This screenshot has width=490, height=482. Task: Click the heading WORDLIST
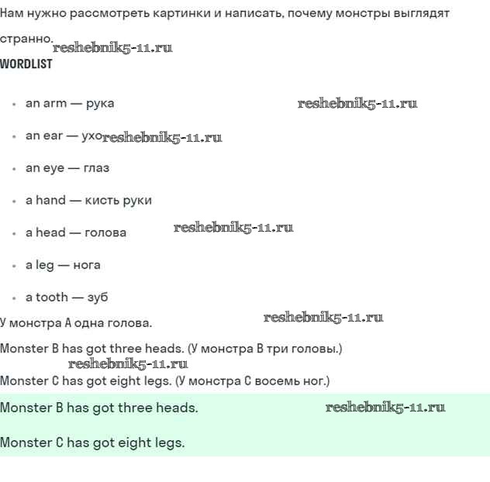click(x=26, y=64)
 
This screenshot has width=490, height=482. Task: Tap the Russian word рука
click(x=100, y=103)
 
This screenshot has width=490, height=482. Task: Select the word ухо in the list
click(x=91, y=136)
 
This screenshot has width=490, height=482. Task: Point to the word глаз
click(x=96, y=168)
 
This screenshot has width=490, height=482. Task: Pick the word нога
click(x=87, y=265)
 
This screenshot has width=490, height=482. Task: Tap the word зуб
click(x=98, y=298)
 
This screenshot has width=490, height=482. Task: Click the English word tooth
click(x=52, y=298)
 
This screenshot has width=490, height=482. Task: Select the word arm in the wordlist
click(x=55, y=103)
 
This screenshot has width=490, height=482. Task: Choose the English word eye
click(x=54, y=168)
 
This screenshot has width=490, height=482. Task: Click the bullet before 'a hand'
click(x=14, y=201)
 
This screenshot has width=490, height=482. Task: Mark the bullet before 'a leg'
click(x=14, y=266)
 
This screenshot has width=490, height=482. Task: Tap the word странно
click(x=26, y=39)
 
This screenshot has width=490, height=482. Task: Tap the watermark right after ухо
click(x=162, y=138)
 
